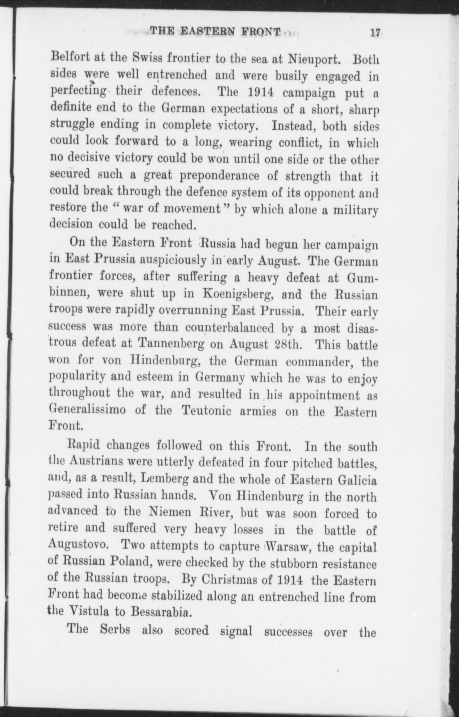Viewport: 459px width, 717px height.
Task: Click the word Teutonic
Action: click(x=205, y=411)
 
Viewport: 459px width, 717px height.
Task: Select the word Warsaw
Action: click(x=285, y=547)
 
